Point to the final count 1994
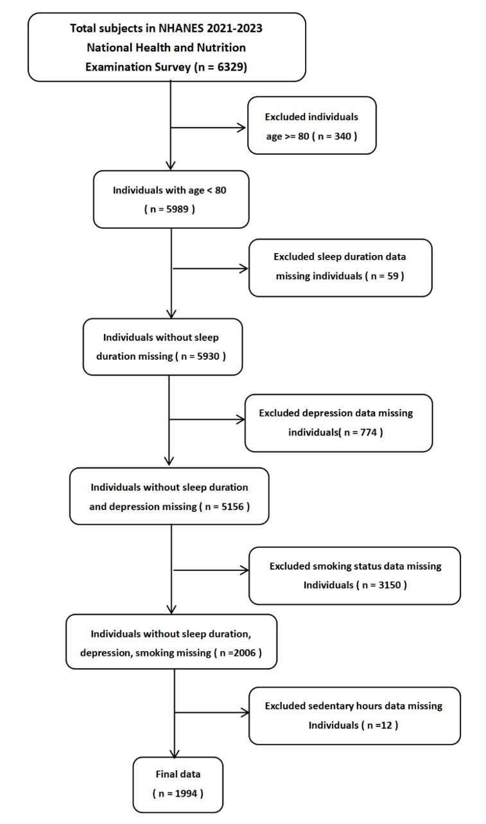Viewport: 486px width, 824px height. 183,793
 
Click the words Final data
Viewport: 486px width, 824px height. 178,775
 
